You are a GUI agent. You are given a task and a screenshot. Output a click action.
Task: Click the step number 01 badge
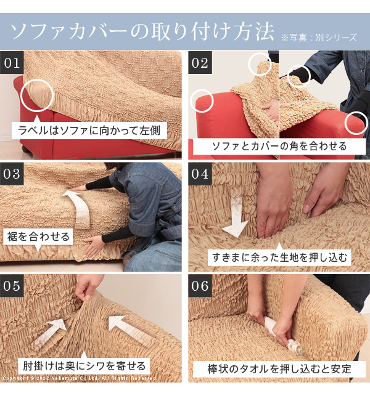click(12, 63)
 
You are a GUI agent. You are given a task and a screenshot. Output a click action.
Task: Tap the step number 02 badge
click(200, 63)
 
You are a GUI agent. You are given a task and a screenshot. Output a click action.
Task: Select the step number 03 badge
click(12, 174)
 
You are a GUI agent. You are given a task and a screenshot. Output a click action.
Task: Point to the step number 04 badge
click(200, 174)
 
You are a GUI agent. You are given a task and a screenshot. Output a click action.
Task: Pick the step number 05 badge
click(12, 286)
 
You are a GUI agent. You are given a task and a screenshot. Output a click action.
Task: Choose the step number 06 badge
click(200, 286)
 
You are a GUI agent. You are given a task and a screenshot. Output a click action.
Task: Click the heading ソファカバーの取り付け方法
click(142, 31)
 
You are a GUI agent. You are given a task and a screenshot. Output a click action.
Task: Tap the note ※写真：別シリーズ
click(319, 38)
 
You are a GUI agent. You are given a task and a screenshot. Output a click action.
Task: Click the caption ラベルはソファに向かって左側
click(89, 131)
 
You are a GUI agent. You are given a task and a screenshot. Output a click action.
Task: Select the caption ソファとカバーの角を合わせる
click(279, 146)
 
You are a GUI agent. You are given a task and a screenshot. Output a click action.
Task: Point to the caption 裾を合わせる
click(38, 237)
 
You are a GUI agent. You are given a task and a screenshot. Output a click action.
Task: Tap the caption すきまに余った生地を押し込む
click(279, 257)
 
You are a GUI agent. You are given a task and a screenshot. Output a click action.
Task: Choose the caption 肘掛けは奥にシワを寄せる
click(84, 366)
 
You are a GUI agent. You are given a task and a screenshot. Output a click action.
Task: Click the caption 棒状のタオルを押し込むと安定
click(279, 369)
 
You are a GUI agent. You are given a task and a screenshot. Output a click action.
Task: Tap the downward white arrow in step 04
click(236, 215)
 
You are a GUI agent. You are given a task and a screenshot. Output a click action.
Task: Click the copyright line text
click(80, 378)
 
